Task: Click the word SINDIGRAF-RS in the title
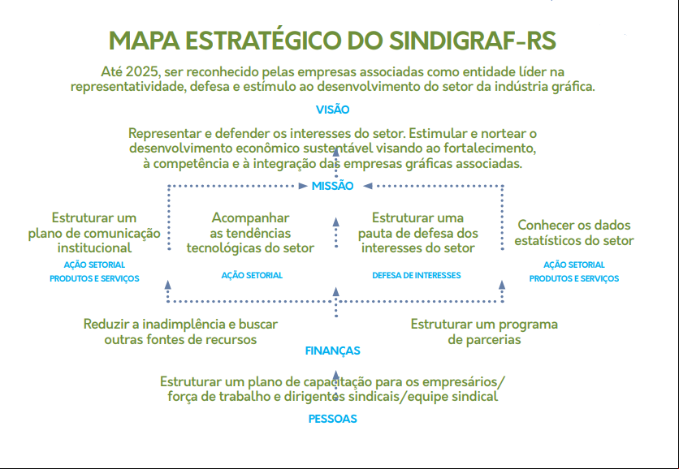click(x=472, y=41)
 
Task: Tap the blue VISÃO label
click(x=332, y=110)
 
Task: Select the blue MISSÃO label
click(x=332, y=186)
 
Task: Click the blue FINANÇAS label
click(x=332, y=351)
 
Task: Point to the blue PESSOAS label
click(x=332, y=419)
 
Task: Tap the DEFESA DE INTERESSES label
click(x=417, y=275)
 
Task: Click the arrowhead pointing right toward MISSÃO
click(x=303, y=186)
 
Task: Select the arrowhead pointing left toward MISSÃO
click(x=368, y=186)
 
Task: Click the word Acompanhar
click(x=250, y=217)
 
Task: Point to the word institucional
click(x=94, y=248)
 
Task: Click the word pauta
click(x=374, y=234)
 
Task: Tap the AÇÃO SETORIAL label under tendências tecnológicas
click(x=252, y=275)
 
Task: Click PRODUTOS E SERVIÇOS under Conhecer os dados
click(x=574, y=278)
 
